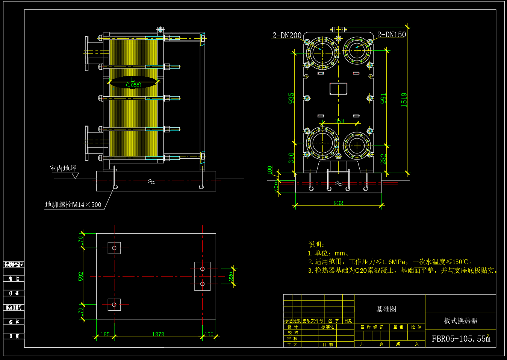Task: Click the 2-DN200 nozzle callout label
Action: [287, 35]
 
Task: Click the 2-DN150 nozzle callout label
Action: [391, 35]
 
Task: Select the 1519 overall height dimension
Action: [404, 100]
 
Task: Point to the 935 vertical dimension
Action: [291, 98]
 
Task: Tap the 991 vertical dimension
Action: [383, 99]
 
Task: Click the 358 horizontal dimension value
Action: [339, 121]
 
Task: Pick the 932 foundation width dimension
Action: [338, 203]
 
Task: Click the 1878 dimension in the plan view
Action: [158, 334]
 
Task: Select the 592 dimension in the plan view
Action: [81, 276]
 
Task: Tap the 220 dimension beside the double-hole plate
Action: [231, 276]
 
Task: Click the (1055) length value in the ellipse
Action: [133, 85]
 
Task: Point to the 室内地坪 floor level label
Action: [63, 168]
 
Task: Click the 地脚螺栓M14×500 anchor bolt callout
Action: [73, 205]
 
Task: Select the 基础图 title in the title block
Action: [386, 309]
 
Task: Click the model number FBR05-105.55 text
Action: [461, 339]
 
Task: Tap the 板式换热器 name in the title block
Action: [460, 321]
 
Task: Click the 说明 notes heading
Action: [316, 245]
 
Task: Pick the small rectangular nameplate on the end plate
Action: [338, 89]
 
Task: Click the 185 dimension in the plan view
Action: [105, 334]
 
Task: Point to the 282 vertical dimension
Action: [383, 159]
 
